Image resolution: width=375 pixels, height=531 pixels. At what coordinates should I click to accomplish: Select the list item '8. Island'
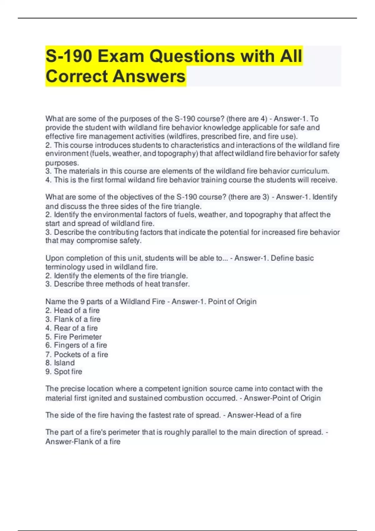pyautogui.click(x=60, y=363)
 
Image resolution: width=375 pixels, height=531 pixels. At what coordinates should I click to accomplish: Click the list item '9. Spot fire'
pyautogui.click(x=64, y=372)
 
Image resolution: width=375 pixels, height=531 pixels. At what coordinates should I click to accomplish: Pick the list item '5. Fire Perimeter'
pyautogui.click(x=73, y=337)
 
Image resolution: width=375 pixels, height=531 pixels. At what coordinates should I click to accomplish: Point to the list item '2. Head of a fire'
pyautogui.click(x=72, y=310)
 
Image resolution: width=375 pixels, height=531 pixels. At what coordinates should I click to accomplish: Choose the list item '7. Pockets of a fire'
pyautogui.click(x=77, y=355)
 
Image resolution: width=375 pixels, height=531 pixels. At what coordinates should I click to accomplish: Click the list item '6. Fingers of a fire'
pyautogui.click(x=76, y=345)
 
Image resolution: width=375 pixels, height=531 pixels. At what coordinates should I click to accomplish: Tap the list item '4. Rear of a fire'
pyautogui.click(x=72, y=328)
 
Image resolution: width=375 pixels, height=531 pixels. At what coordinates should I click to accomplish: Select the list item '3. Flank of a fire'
pyautogui.click(x=73, y=319)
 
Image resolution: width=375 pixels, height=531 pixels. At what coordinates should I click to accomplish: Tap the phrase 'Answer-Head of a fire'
pyautogui.click(x=264, y=415)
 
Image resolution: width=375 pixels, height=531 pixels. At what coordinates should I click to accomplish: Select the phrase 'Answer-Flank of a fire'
pyautogui.click(x=83, y=442)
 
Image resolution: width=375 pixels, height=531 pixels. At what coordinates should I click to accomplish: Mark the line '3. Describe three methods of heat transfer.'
pyautogui.click(x=117, y=284)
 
